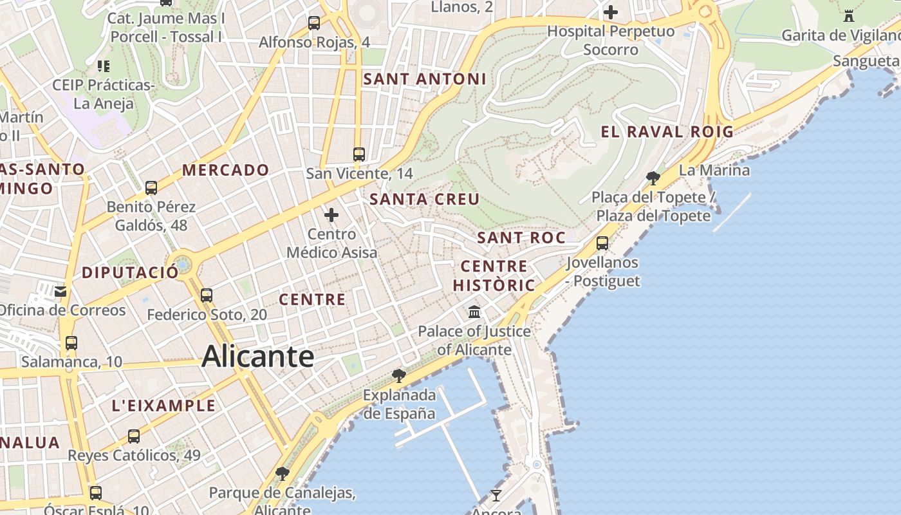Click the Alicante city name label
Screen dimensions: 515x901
[x=257, y=357]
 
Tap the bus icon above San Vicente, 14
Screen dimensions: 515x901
[x=359, y=154]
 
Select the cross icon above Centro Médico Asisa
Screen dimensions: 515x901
[x=331, y=214]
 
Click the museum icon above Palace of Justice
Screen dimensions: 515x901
[x=474, y=312]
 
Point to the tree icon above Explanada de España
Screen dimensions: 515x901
[x=399, y=375]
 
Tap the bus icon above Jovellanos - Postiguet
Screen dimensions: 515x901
[x=602, y=243]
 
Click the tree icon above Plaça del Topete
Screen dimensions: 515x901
[x=653, y=178]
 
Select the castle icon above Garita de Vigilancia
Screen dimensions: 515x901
[x=849, y=15]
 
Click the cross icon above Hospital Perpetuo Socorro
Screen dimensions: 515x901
[x=610, y=12]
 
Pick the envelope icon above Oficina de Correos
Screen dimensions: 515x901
[x=60, y=292]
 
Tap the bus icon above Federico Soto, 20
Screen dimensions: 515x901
[x=207, y=295]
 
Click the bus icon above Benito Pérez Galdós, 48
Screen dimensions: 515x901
[x=151, y=188]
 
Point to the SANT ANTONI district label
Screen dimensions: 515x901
[x=425, y=79]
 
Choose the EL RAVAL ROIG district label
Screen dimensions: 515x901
[x=667, y=132]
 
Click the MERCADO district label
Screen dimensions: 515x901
[x=226, y=171]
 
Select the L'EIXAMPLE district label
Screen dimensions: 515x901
[x=163, y=406]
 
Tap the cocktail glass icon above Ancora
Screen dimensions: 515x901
[x=496, y=495]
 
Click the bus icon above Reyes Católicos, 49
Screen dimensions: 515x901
[x=134, y=436]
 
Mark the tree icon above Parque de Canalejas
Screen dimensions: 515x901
[x=282, y=474]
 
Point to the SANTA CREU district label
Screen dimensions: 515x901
[x=425, y=200]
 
